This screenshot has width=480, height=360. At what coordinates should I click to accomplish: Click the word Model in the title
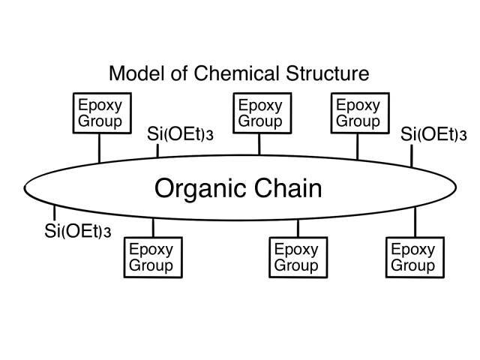(x=135, y=73)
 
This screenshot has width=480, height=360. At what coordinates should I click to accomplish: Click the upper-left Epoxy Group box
(x=99, y=112)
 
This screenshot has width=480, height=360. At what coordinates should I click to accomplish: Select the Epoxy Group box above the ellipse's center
(x=260, y=112)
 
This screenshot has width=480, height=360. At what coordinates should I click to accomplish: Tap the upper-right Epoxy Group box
(x=357, y=112)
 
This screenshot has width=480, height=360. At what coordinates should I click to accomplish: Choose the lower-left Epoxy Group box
(x=151, y=256)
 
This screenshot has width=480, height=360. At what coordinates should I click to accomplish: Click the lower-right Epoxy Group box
(x=414, y=256)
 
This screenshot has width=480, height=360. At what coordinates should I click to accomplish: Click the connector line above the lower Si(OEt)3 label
(x=55, y=212)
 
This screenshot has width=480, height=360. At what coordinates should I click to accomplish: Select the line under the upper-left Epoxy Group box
(x=99, y=148)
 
